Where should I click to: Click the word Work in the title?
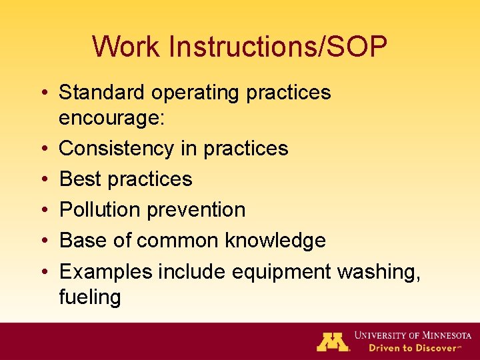(127, 47)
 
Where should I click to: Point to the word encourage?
(109, 118)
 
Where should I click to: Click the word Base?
(84, 240)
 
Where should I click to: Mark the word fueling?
(90, 297)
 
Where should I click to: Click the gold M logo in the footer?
(333, 341)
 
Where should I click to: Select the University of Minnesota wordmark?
(413, 335)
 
